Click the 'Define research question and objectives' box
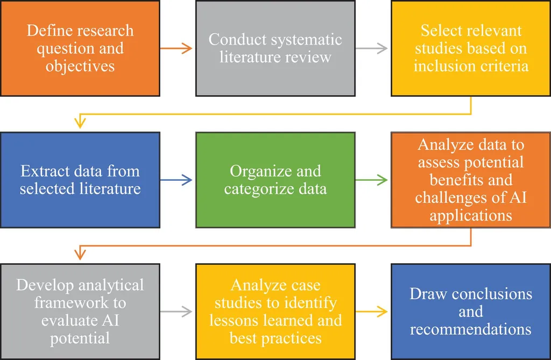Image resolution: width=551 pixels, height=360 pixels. click(x=80, y=48)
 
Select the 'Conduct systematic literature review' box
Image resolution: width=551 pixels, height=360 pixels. click(x=275, y=48)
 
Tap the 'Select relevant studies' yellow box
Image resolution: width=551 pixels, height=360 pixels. click(x=471, y=48)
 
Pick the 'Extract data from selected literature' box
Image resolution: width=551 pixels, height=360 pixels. click(x=80, y=180)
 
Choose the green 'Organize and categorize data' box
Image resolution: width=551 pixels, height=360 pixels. click(x=275, y=180)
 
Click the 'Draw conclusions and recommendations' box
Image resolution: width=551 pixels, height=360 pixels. click(x=471, y=311)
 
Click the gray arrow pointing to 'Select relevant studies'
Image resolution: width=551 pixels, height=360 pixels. click(x=372, y=48)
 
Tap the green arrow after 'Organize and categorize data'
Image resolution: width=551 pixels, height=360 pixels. click(x=372, y=180)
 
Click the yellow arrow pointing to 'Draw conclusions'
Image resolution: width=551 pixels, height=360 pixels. click(x=372, y=311)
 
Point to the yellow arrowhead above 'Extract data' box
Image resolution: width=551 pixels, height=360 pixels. click(x=80, y=123)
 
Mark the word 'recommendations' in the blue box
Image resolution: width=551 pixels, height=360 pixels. click(x=471, y=329)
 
